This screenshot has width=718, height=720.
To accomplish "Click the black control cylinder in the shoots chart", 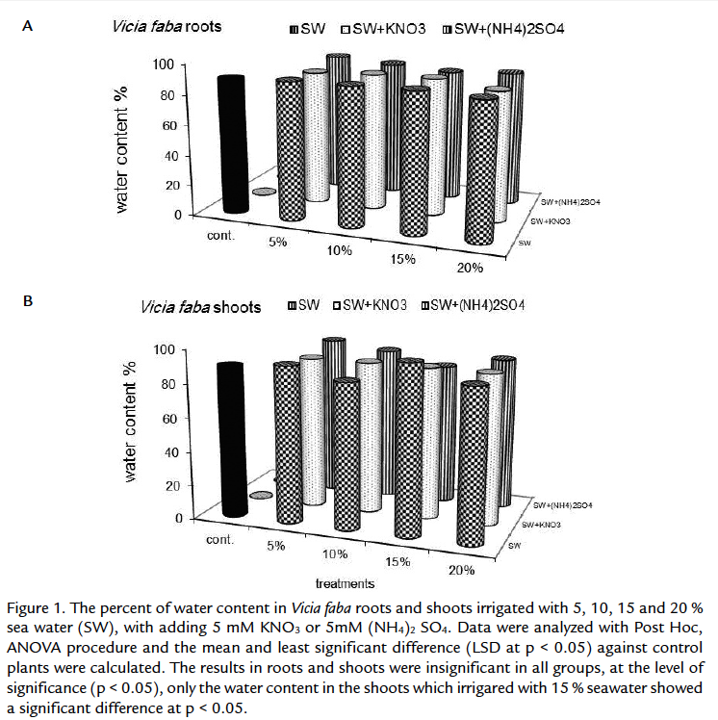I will click(236, 438).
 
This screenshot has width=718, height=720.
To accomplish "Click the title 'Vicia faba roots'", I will click(165, 26).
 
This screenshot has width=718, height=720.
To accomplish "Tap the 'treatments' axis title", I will click(345, 582).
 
